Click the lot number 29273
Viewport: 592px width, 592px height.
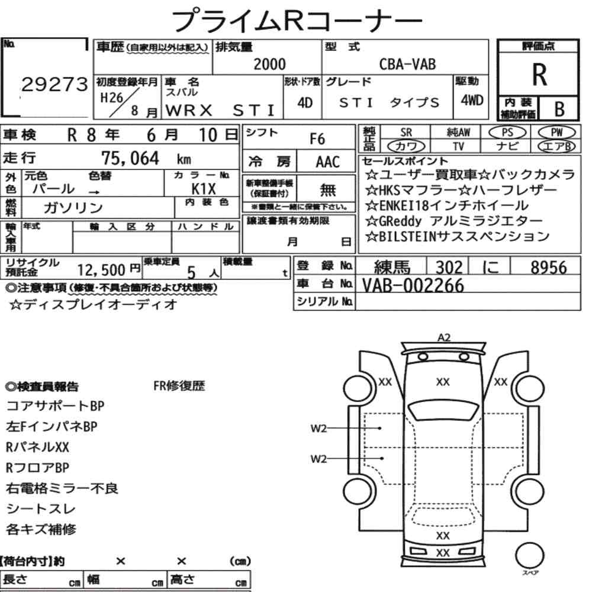pos(54,84)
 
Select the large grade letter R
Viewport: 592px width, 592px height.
pos(539,75)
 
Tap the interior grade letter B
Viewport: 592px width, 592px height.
pos(559,109)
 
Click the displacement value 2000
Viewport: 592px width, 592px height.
pos(269,64)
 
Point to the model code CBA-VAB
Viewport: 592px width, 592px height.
pos(407,64)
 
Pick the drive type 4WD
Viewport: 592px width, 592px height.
pos(472,100)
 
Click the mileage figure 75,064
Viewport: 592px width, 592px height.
pos(130,158)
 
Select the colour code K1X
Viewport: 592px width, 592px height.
pos(204,188)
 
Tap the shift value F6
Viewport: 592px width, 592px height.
pos(317,139)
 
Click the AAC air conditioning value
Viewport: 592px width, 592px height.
pos(328,162)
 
